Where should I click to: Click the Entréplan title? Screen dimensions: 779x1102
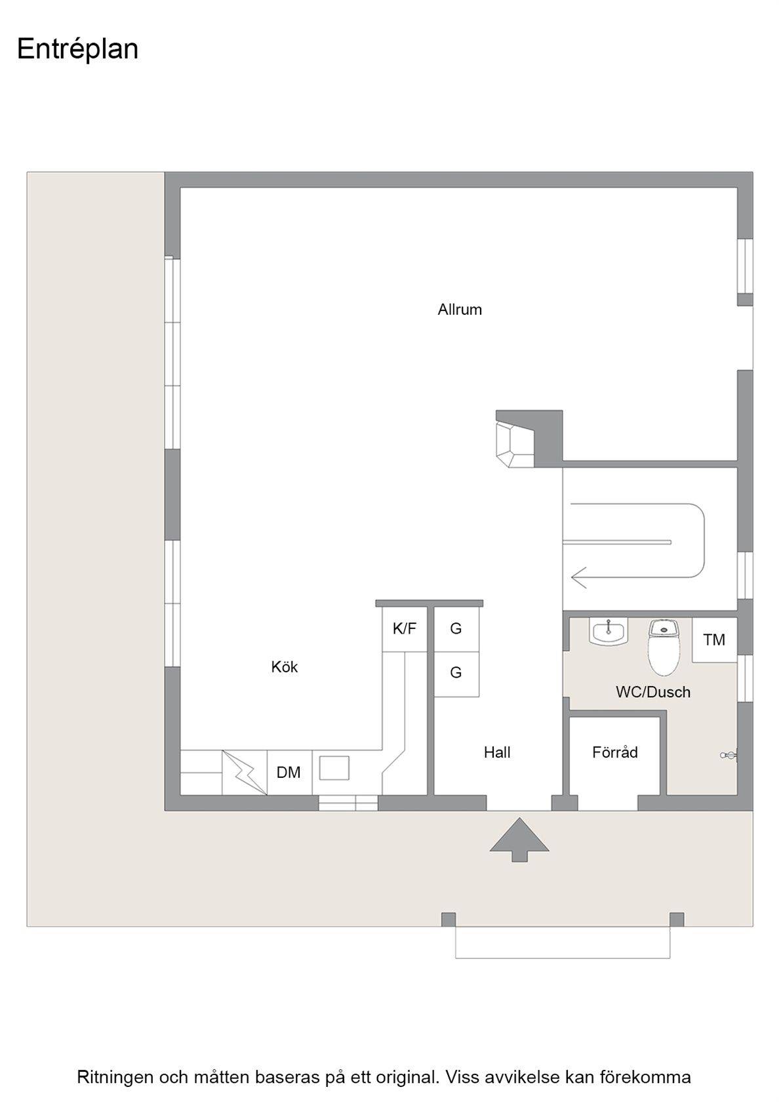point(77,49)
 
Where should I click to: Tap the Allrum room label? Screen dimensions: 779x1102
point(460,310)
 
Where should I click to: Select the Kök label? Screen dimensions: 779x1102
point(285,666)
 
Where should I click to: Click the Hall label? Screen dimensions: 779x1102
point(497,752)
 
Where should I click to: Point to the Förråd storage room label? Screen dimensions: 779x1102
point(615,752)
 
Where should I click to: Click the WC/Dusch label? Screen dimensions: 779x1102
point(653,692)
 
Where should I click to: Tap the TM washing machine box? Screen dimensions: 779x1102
point(715,640)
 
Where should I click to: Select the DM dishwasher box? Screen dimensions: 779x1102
point(289,773)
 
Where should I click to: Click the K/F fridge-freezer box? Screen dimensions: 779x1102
point(404,629)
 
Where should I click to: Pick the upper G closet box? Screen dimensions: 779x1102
point(456,629)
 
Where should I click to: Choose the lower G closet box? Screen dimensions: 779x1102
point(456,674)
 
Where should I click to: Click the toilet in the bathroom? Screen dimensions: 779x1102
point(664,647)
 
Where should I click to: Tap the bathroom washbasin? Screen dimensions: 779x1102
point(609,632)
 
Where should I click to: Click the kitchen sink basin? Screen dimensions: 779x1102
point(334,768)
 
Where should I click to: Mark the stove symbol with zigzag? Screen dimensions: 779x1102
point(245,773)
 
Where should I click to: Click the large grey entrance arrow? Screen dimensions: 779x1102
point(519,840)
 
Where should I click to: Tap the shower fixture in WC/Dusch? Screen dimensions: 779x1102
point(729,755)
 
